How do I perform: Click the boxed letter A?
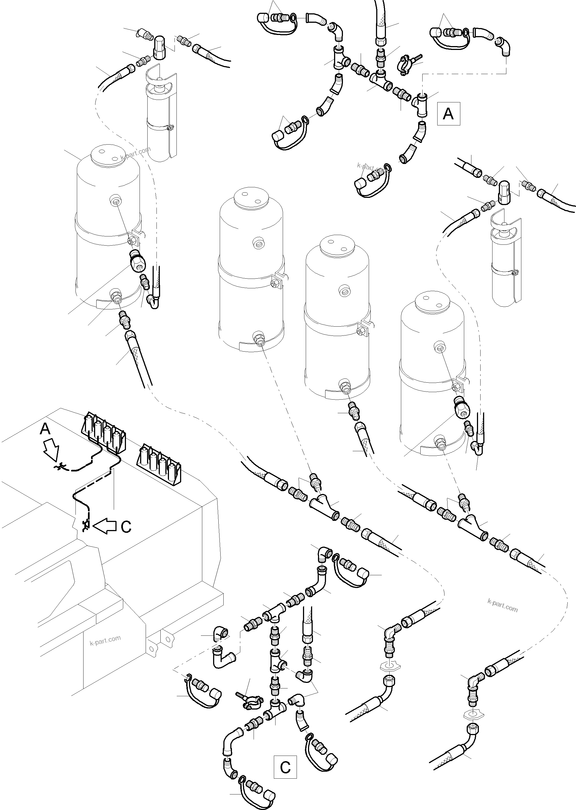point(448,114)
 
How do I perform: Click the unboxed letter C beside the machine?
point(126,526)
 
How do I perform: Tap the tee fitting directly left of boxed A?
point(421,105)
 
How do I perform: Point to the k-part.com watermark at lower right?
point(502,606)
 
